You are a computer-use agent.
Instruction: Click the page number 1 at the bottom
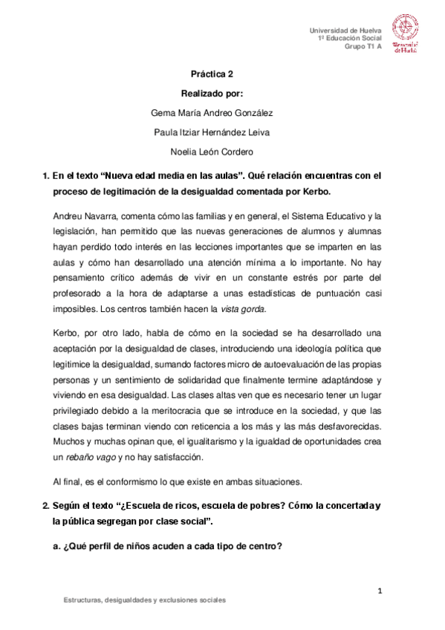point(379,591)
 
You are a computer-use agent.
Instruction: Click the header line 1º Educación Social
point(349,37)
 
